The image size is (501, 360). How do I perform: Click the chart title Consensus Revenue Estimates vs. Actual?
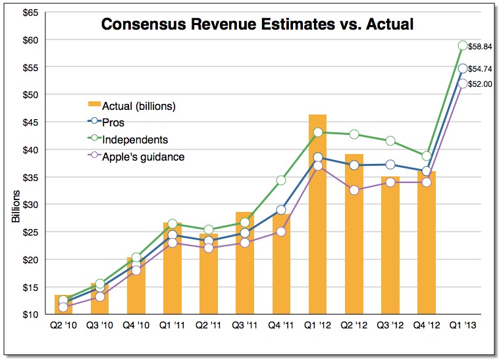pos(257,25)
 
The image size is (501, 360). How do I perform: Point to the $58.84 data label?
pos(483,46)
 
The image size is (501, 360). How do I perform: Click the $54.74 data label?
pos(483,69)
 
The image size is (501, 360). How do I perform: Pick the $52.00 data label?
pos(483,84)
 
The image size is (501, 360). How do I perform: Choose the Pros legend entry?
pos(113,122)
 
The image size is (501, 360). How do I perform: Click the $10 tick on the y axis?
pos(27,315)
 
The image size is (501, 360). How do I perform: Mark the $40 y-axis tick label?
pos(27,150)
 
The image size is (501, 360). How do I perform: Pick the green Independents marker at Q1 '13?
pos(463,45)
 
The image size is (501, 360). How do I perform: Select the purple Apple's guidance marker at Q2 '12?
pos(354,190)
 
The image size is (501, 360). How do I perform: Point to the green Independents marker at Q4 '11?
pos(281,180)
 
